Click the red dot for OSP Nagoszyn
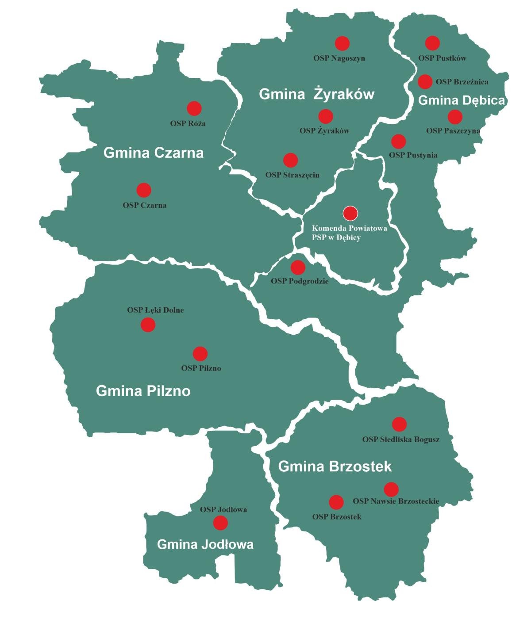tap(342, 43)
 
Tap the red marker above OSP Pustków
tap(432, 43)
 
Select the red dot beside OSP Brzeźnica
tap(425, 81)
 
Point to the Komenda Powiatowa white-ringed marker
tap(350, 213)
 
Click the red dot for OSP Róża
tap(194, 108)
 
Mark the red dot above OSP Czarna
tap(144, 190)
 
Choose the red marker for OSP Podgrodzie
tap(298, 267)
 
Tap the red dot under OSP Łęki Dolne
tap(148, 325)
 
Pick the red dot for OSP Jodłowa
tap(220, 523)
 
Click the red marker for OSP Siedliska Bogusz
tap(399, 424)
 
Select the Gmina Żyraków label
tap(316, 94)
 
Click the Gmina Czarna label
tap(154, 153)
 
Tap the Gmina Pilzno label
tap(143, 391)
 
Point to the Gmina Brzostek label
tap(335, 466)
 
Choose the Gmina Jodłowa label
tap(205, 544)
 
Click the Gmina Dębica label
tap(461, 101)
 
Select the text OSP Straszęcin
tap(292, 175)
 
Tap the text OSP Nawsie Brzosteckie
tap(396, 501)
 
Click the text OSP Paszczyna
tap(453, 131)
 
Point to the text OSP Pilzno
tap(201, 368)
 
